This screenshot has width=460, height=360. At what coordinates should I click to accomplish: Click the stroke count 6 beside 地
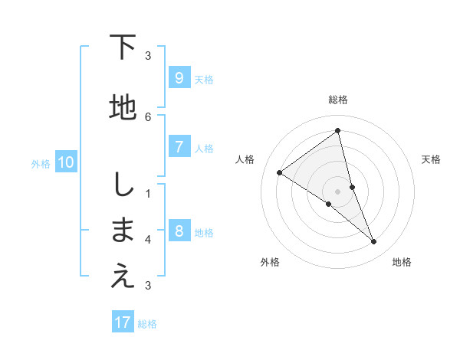coord(148,116)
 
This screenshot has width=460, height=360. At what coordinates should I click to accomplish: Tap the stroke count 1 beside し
coord(148,193)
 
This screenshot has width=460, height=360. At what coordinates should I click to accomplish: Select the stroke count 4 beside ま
coord(148,240)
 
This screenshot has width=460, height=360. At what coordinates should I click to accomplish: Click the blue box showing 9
coord(179,77)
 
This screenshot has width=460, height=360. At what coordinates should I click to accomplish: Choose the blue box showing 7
coord(179,147)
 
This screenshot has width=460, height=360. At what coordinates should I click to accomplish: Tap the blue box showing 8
coord(179,231)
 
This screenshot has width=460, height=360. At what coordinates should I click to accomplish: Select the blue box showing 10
coord(66,162)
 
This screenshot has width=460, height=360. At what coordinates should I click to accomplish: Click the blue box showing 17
coord(123,322)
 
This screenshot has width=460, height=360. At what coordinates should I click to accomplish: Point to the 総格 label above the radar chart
coord(338,100)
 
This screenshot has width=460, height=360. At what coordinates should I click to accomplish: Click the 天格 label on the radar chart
coord(431,159)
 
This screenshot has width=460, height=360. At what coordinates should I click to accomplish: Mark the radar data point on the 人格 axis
coord(279,172)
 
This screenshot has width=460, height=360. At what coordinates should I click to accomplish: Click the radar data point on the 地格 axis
coord(374,242)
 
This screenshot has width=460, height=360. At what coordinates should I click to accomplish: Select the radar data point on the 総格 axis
coord(338,131)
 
